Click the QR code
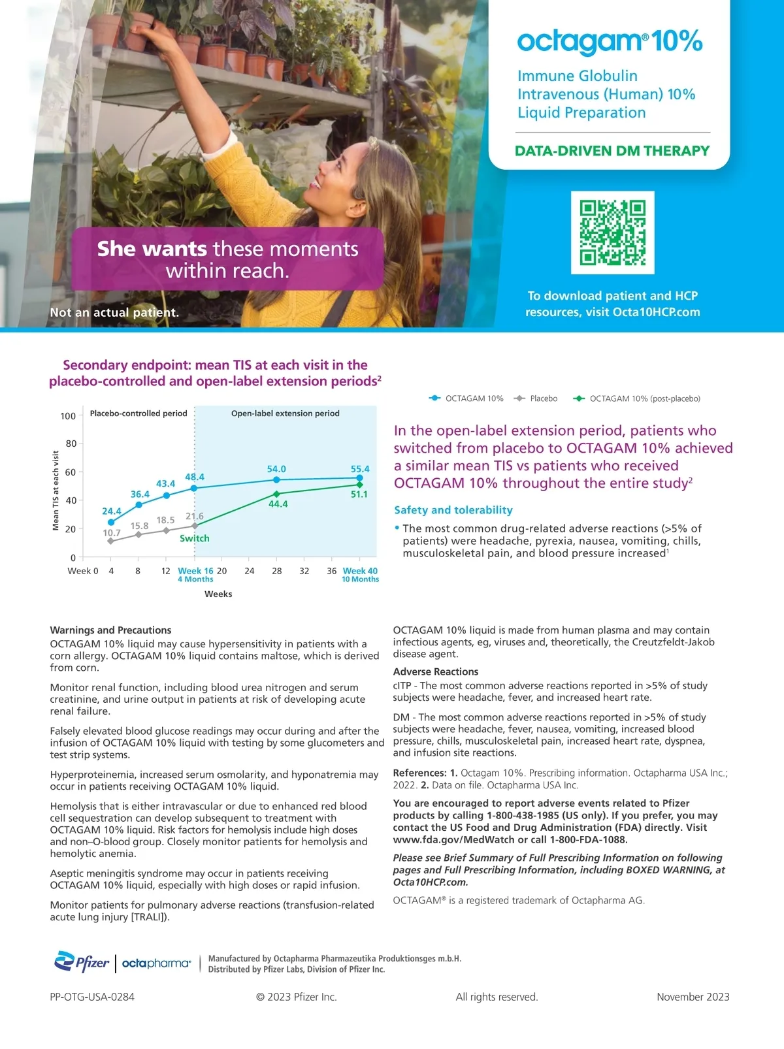point(612,233)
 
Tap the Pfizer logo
point(82,962)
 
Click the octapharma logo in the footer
point(156,963)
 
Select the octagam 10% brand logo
point(610,42)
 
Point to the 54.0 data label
point(276,469)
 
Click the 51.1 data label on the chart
point(359,494)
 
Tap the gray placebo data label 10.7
point(112,533)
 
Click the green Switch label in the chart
point(195,538)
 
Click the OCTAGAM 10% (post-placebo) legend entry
point(637,398)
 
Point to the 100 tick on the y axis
point(68,416)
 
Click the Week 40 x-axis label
point(360,571)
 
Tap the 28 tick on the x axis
point(277,571)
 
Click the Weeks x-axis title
point(218,594)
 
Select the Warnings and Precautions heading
point(110,630)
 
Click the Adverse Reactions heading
point(436,671)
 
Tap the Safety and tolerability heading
point(453,510)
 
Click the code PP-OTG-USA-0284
point(92,997)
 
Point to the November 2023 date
point(693,997)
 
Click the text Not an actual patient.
point(114,312)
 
